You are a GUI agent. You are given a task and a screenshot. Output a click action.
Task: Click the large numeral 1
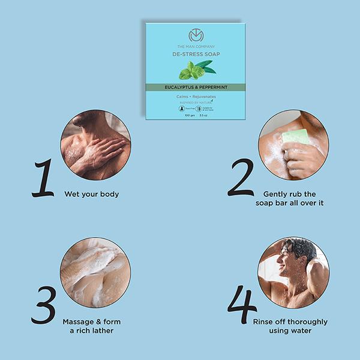pos(43,178)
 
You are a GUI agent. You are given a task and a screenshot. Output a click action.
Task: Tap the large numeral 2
pos(242,178)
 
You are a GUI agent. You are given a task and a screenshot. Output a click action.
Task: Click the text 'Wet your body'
pos(91,194)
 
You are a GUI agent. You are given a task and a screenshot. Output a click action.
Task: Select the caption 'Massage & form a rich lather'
pos(91,326)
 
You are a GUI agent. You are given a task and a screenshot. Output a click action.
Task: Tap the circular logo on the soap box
pos(196,35)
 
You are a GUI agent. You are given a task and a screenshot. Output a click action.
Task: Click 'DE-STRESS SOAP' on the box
pos(196,54)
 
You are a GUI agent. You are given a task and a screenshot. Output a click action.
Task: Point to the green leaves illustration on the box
pos(196,70)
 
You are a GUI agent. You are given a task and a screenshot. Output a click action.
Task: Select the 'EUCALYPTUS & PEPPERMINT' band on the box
pos(196,87)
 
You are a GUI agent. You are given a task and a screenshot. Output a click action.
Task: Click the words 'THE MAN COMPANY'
pos(196,46)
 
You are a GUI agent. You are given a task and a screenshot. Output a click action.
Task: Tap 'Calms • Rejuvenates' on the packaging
pos(196,96)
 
